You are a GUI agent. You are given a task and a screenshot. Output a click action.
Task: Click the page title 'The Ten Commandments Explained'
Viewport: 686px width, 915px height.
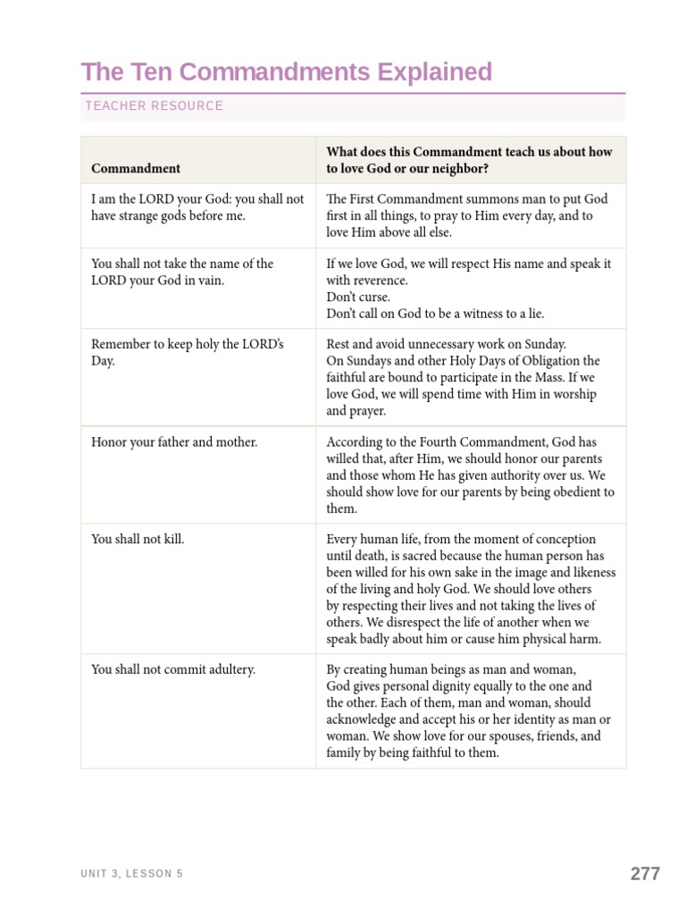pyautogui.click(x=286, y=71)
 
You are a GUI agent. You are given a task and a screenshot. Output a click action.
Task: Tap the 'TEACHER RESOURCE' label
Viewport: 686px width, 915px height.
pyautogui.click(x=154, y=106)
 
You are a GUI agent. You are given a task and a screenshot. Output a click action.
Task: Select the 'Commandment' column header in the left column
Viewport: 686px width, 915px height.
pyautogui.click(x=136, y=168)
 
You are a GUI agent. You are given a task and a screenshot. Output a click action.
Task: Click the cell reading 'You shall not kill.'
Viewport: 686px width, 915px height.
pyautogui.click(x=138, y=540)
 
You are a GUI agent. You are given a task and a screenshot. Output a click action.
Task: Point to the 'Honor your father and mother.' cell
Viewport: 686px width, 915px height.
pyautogui.click(x=174, y=442)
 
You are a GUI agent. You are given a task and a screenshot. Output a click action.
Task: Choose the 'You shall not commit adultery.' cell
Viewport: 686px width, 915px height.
pyautogui.click(x=173, y=669)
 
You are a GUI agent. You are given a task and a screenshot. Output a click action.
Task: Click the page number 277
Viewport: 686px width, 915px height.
pyautogui.click(x=645, y=874)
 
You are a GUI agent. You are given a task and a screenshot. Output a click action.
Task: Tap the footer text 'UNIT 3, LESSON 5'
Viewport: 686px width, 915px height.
pyautogui.click(x=131, y=874)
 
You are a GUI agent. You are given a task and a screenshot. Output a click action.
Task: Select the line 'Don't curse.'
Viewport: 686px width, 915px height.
pyautogui.click(x=358, y=297)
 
